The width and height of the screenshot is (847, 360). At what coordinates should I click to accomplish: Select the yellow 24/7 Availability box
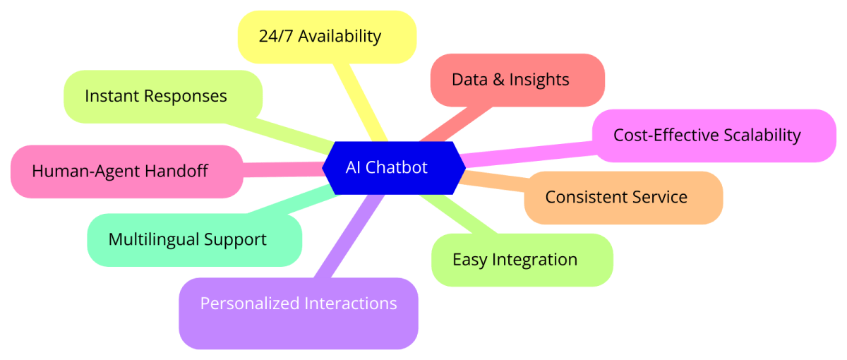click(x=327, y=37)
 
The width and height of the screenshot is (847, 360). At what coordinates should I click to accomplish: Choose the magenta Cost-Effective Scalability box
click(x=714, y=136)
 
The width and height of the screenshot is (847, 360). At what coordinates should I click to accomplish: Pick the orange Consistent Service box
click(x=623, y=198)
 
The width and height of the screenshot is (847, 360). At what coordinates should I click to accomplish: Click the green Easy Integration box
click(x=522, y=260)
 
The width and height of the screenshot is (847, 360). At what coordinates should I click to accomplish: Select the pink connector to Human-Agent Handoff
click(x=282, y=169)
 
